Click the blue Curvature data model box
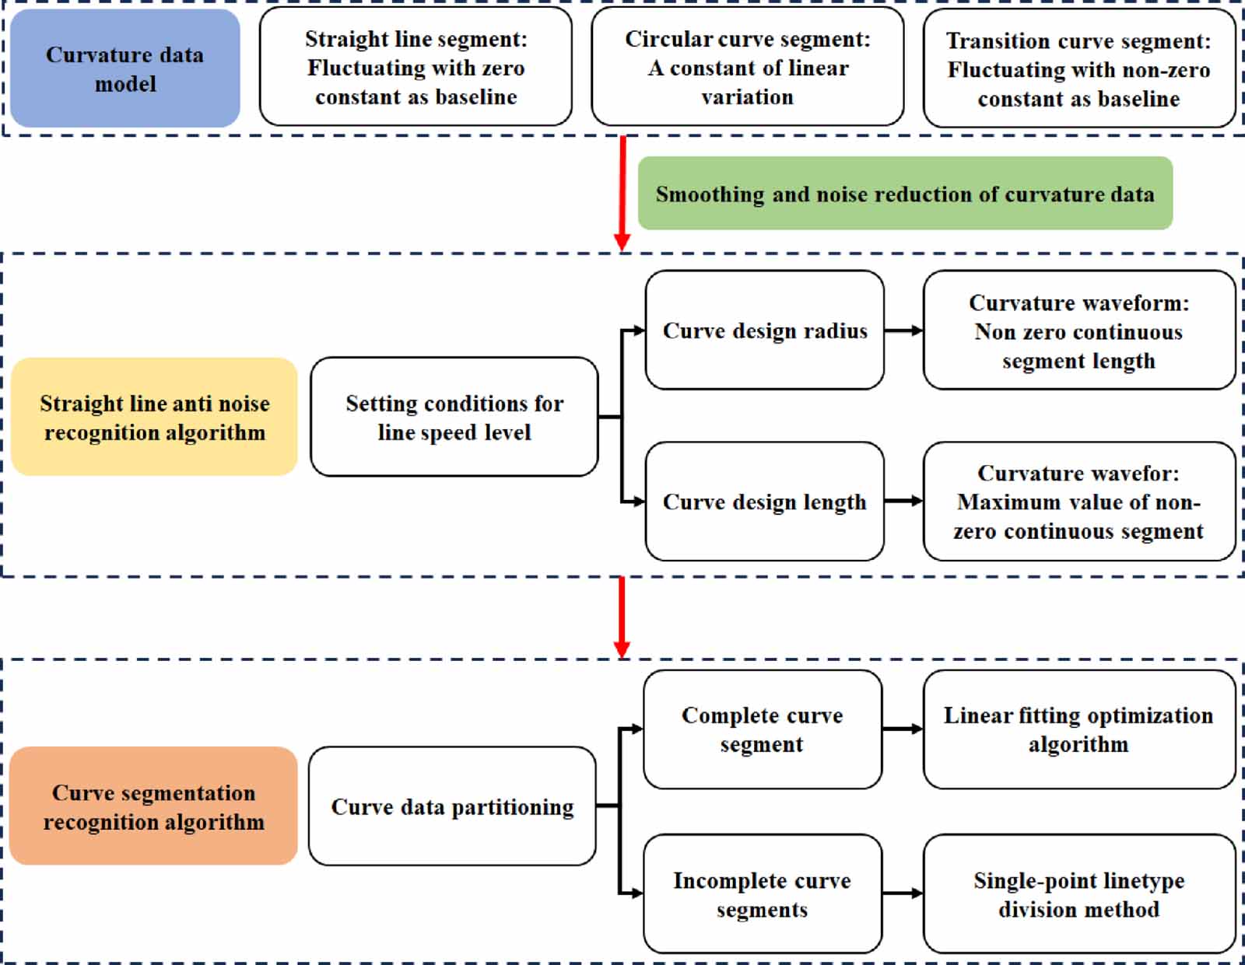[124, 68]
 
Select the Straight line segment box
[416, 68]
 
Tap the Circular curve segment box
[747, 68]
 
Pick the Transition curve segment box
[1078, 69]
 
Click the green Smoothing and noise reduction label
[904, 194]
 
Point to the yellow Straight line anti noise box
[154, 417]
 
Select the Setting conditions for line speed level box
[454, 417]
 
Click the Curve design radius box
[764, 330]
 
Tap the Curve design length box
[764, 502]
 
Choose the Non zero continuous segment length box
[1078, 330]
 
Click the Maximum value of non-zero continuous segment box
[1078, 502]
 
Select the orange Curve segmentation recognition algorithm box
[153, 806]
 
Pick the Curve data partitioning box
[452, 806]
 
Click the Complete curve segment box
[762, 729]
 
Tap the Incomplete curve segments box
[762, 894]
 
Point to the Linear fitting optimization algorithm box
[1078, 729]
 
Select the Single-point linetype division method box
[1078, 894]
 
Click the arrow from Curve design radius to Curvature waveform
[903, 330]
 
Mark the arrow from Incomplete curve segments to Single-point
[902, 894]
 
